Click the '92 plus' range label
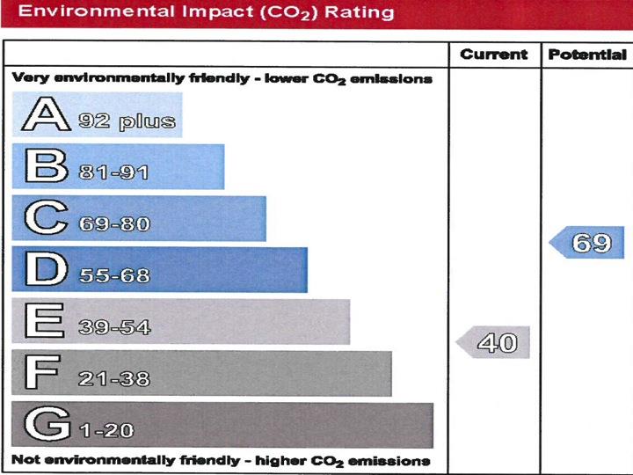127,121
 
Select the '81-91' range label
114,172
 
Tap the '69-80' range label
114,224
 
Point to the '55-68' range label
114,276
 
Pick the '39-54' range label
114,328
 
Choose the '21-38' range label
114,379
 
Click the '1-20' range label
106,431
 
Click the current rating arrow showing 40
495,342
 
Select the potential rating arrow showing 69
588,242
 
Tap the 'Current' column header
494,55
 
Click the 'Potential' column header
586,55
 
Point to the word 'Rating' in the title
357,13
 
